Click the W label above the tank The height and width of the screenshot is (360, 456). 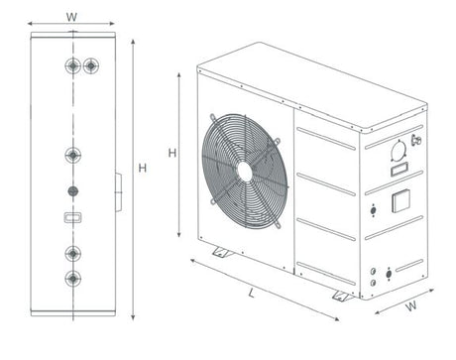(71, 17)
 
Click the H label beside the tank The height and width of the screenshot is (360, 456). (143, 169)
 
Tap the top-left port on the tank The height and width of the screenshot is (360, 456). (73, 65)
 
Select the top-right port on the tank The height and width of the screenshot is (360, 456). (91, 65)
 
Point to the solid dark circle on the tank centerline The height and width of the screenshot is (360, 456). (73, 191)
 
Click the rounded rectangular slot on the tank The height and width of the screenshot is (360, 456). (72, 217)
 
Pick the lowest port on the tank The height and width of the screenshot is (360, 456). (73, 279)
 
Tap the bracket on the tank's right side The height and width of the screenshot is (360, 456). (119, 192)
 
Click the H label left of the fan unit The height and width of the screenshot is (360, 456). (172, 153)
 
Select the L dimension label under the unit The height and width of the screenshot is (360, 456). (252, 293)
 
